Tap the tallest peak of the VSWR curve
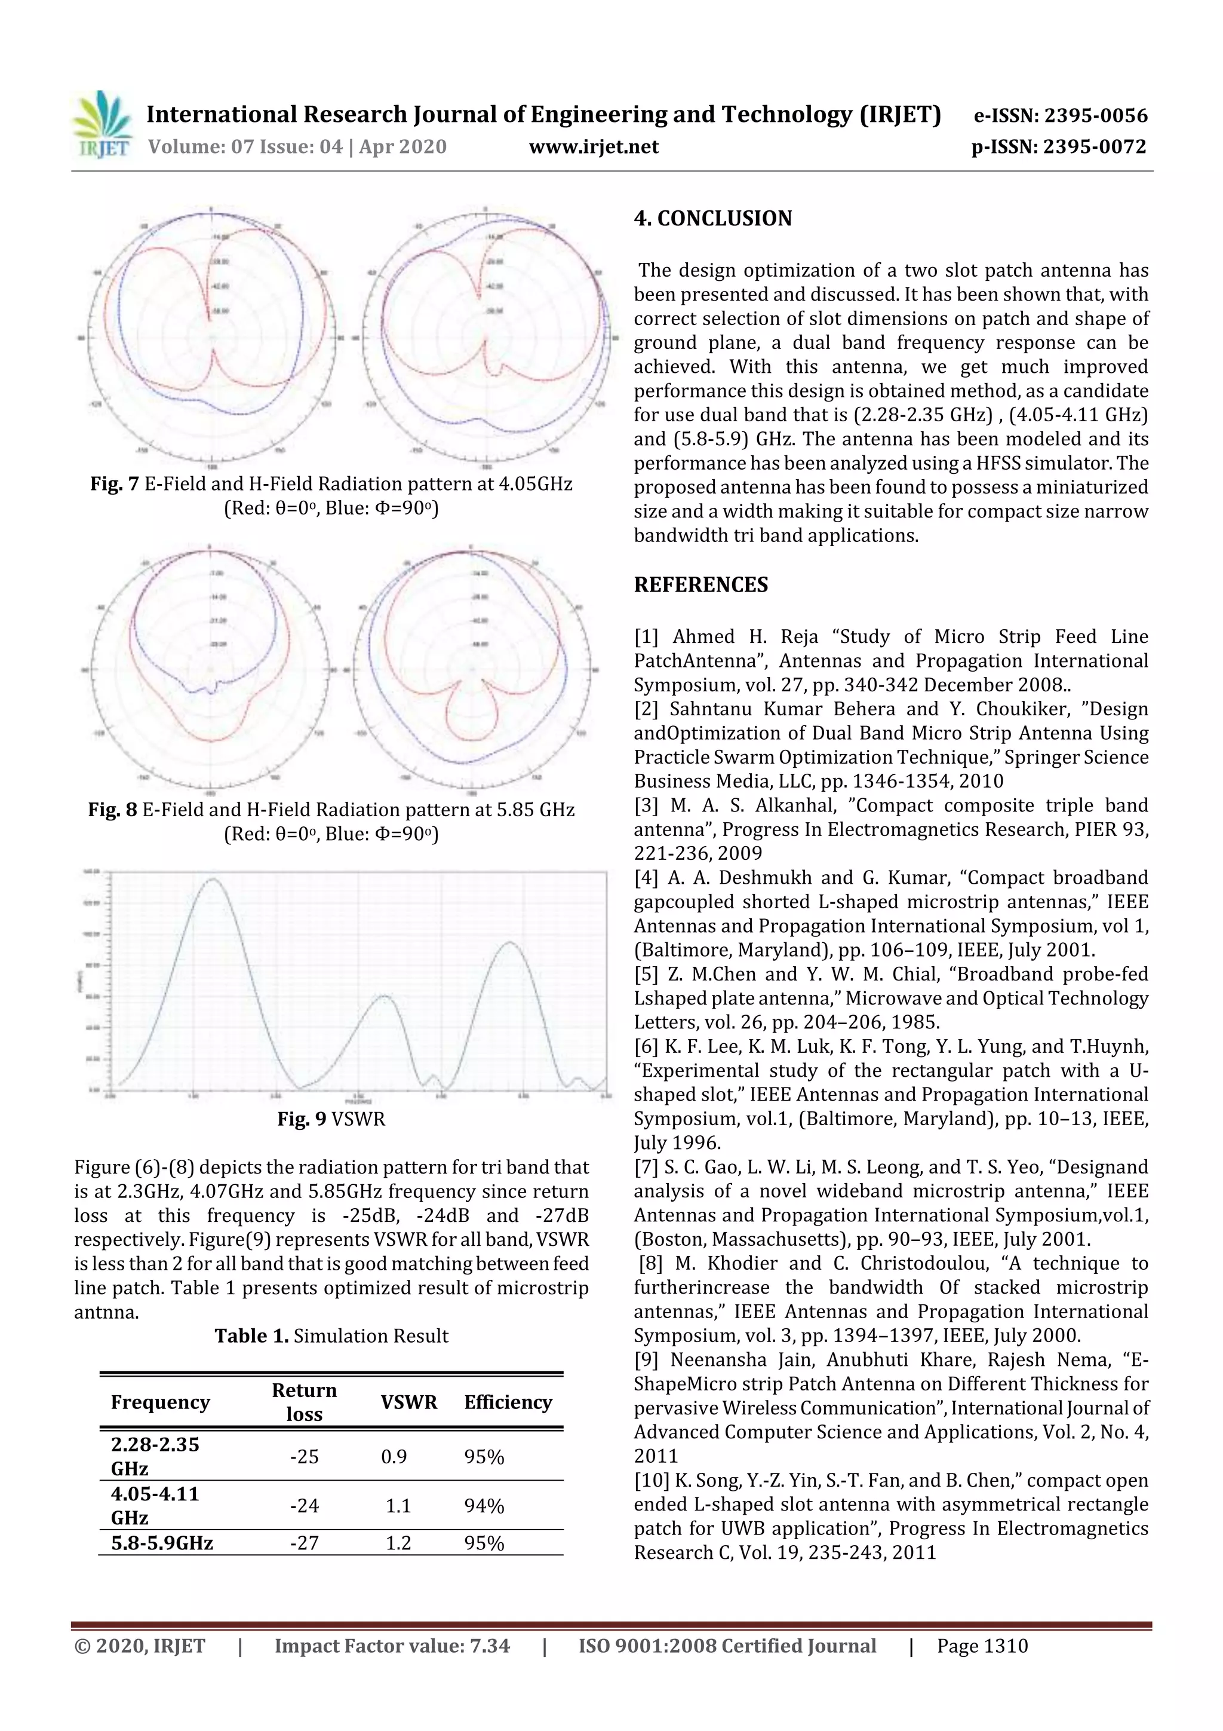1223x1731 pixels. [x=213, y=879]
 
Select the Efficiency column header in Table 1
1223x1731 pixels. [x=507, y=1402]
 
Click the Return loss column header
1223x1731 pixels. [x=304, y=1402]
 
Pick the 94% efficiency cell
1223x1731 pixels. [x=484, y=1506]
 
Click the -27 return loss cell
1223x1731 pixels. [x=304, y=1543]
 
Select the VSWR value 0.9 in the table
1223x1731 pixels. [x=394, y=1457]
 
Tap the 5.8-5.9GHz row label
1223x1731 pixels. [x=162, y=1543]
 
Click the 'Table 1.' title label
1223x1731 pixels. [x=251, y=1336]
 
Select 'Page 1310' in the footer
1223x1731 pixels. [x=982, y=1646]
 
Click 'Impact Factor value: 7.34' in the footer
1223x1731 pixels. [x=392, y=1646]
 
